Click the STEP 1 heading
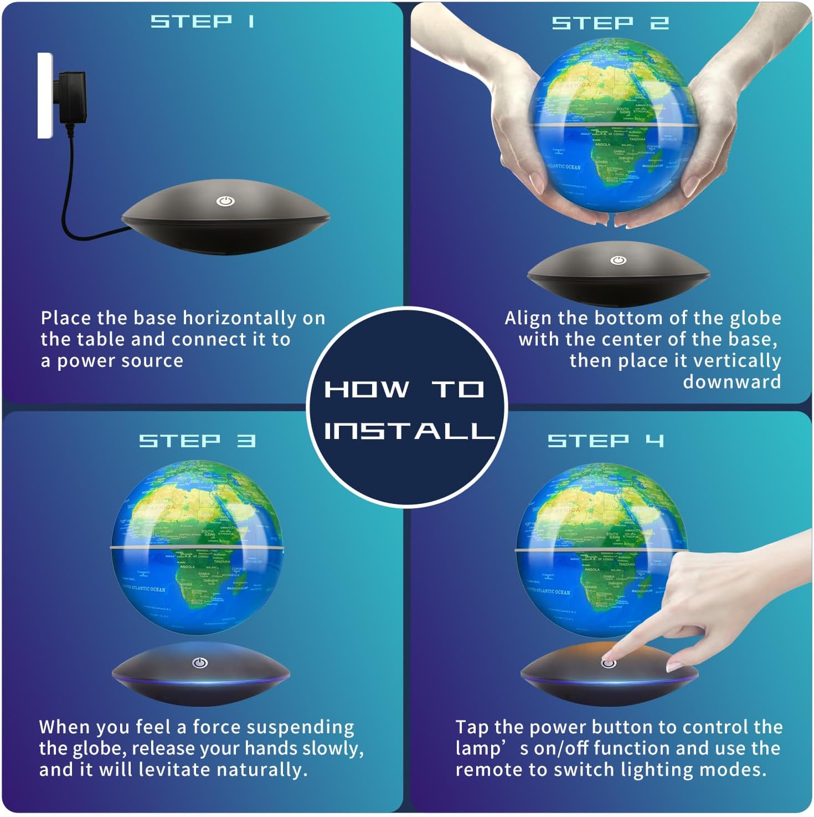tap(203, 22)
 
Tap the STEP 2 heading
tap(610, 23)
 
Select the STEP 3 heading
tap(197, 441)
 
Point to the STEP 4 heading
tap(605, 441)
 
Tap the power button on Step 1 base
tap(224, 201)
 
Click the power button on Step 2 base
tap(618, 261)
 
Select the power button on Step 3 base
tap(200, 663)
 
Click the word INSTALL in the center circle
tap(408, 431)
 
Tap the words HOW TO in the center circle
tap(405, 389)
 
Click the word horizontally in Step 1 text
tap(240, 318)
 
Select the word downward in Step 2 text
tap(731, 382)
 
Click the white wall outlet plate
tap(44, 95)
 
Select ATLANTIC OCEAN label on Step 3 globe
tap(146, 589)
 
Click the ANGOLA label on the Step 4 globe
tap(592, 569)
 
